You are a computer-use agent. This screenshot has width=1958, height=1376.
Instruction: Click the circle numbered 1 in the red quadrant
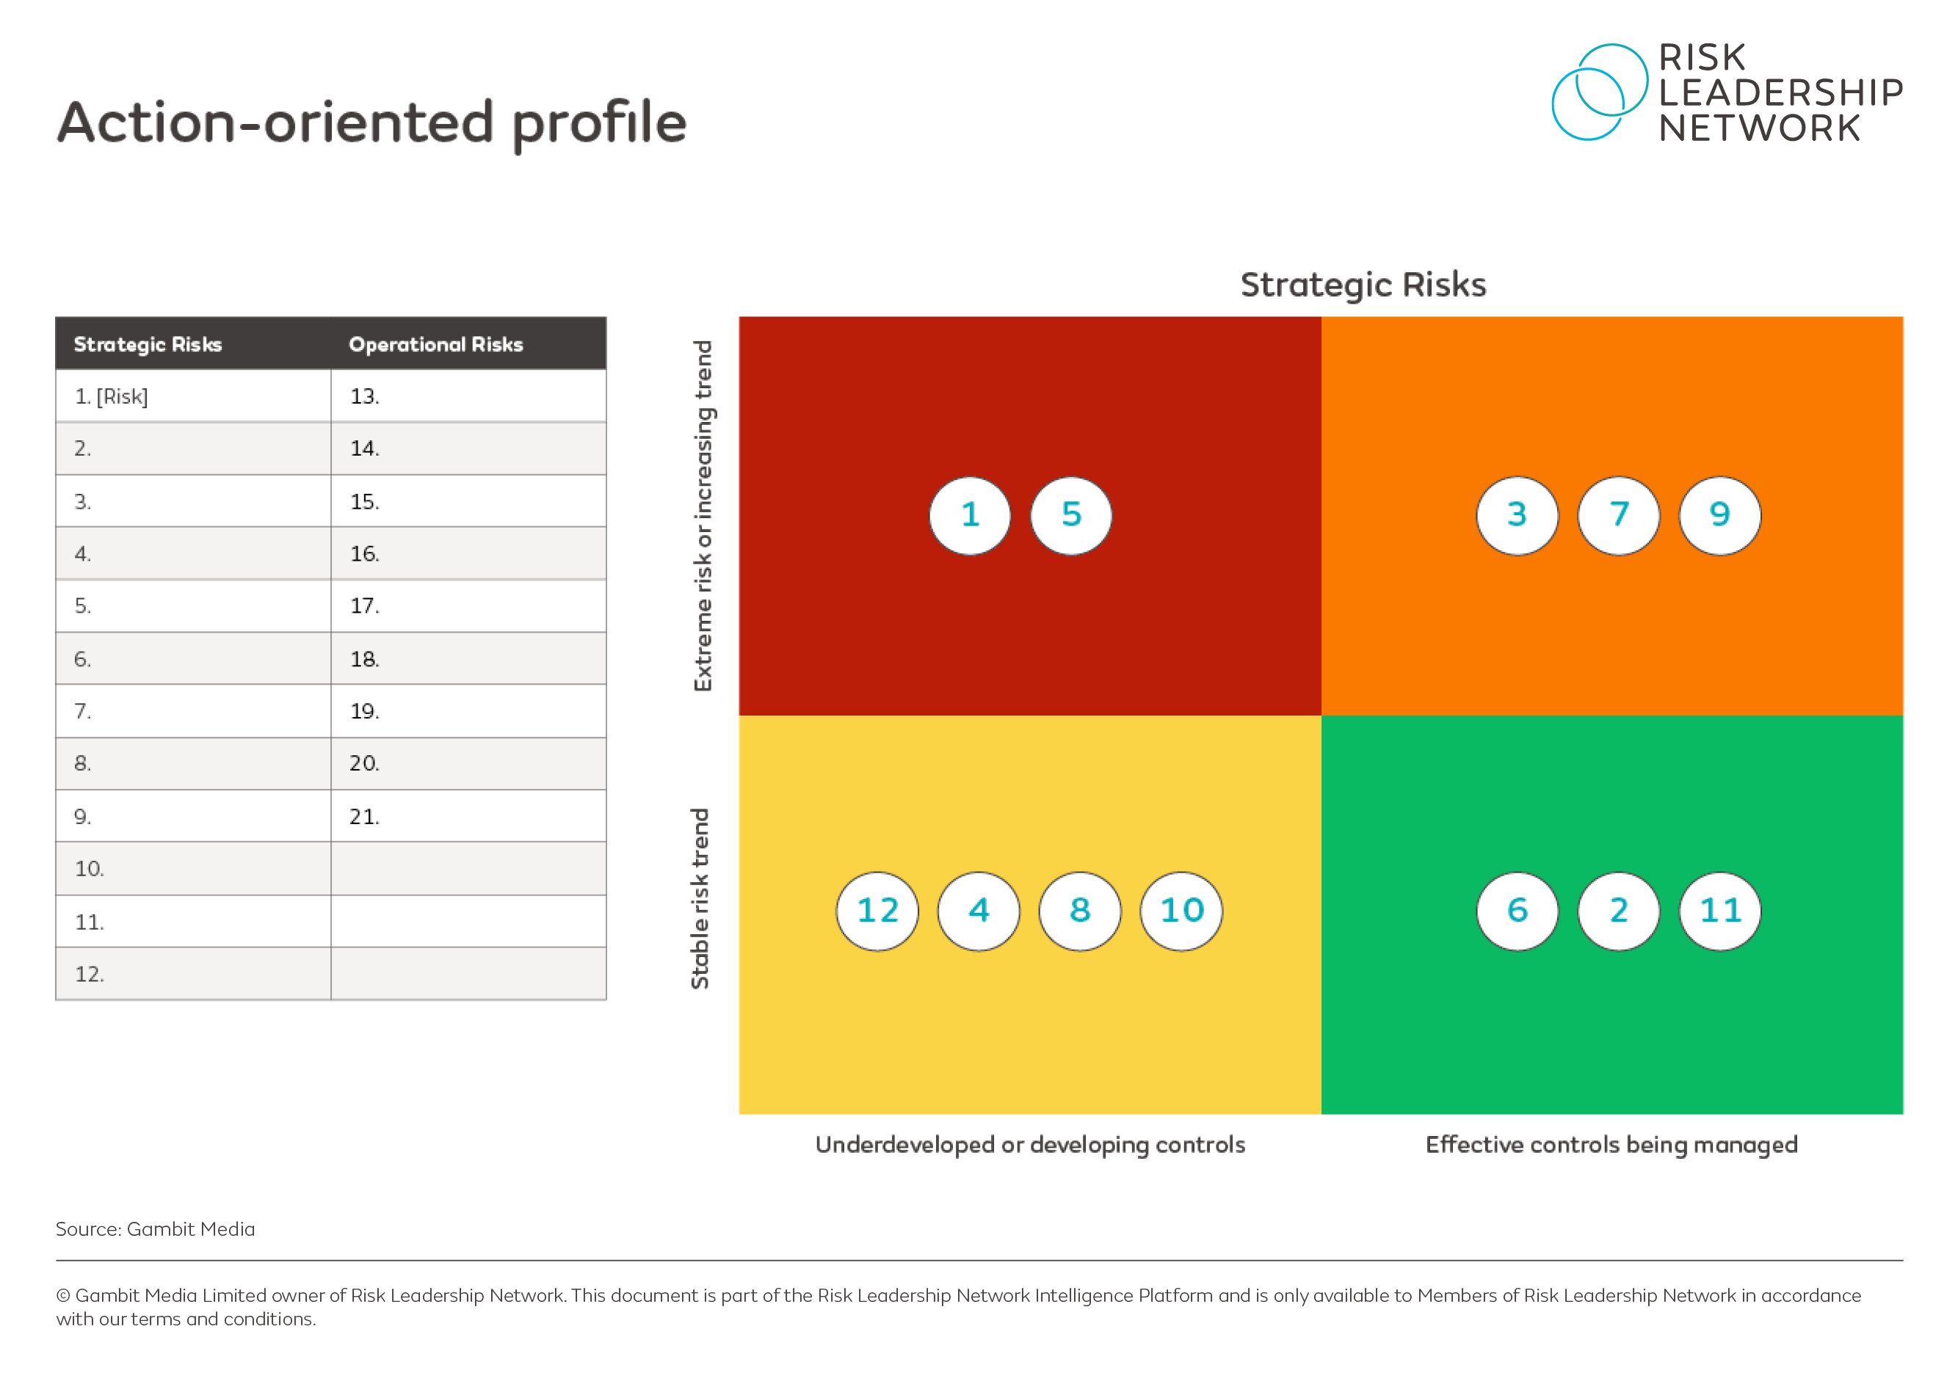(x=970, y=515)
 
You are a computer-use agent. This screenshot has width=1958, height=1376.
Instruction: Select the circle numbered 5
(x=1071, y=515)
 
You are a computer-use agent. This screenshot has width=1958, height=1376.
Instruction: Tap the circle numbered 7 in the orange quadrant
(x=1619, y=515)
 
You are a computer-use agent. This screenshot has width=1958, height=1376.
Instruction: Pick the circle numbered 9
(x=1719, y=515)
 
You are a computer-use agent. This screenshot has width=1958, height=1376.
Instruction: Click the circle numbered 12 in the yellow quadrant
(x=877, y=911)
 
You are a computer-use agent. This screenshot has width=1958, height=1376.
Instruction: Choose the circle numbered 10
(x=1181, y=911)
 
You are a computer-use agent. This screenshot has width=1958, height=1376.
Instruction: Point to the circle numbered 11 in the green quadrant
(x=1719, y=911)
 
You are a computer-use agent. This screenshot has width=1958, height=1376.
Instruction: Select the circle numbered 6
(x=1517, y=911)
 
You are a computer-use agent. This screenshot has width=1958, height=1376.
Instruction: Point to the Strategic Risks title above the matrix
(x=1363, y=285)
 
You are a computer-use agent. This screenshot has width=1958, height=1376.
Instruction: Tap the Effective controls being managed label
(x=1611, y=1144)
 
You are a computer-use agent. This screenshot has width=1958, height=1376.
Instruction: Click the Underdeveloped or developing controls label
(x=1030, y=1144)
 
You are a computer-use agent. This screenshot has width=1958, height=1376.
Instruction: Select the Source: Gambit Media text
(x=155, y=1228)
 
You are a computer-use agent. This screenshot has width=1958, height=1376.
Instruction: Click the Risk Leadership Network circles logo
(x=1598, y=92)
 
